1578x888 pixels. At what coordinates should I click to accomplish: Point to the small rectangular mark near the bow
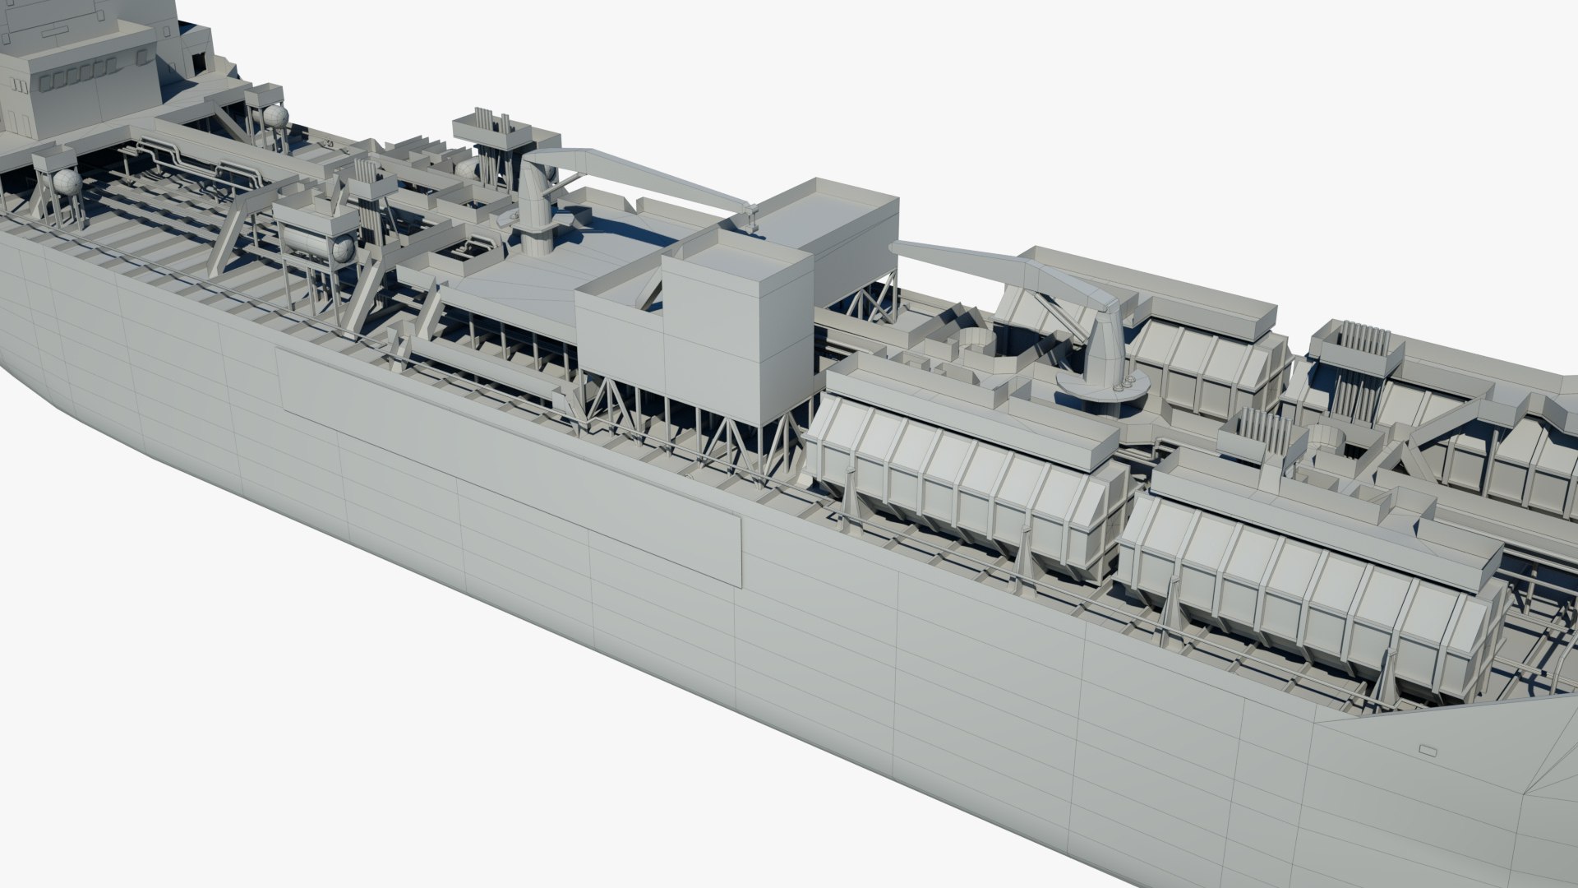click(x=1426, y=751)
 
